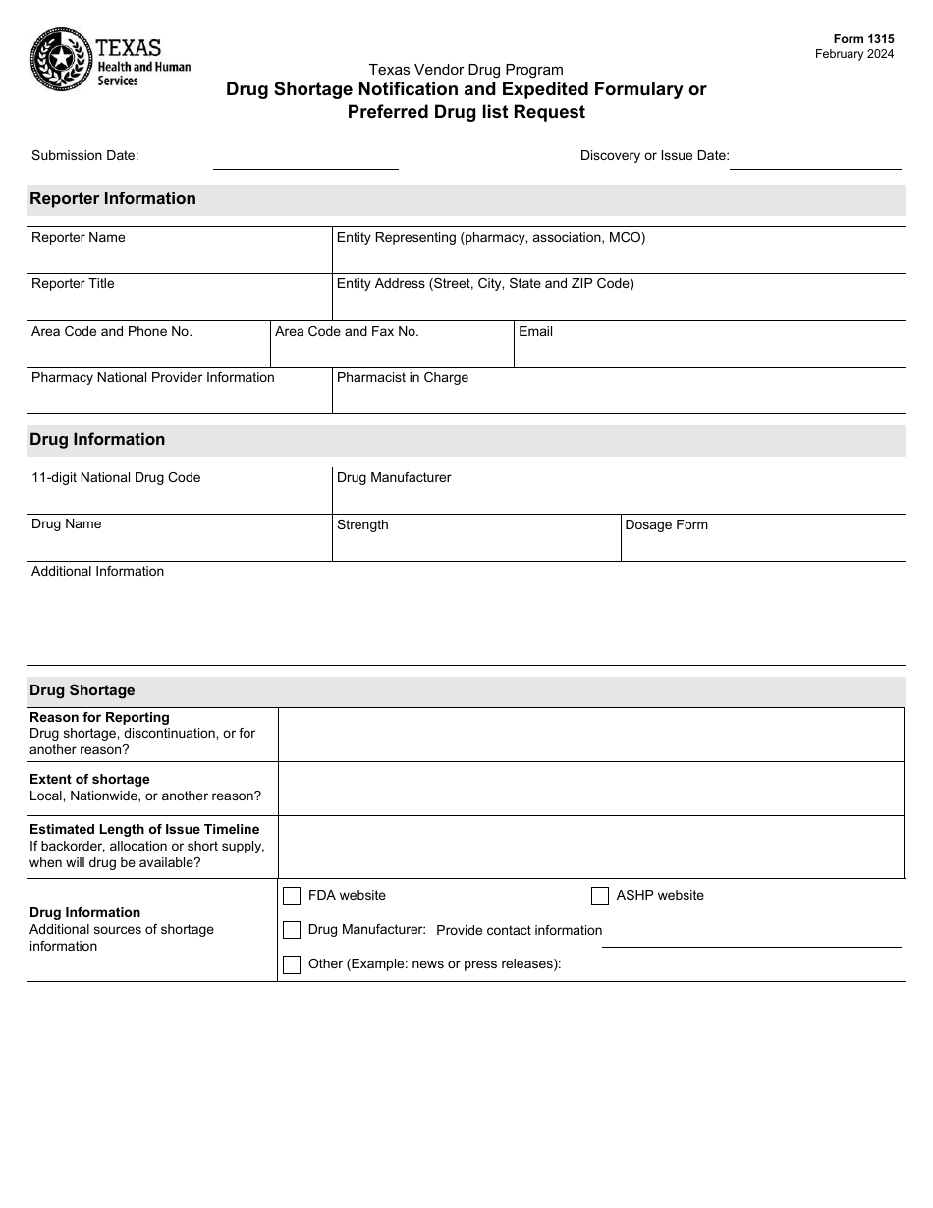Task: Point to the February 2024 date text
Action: click(854, 54)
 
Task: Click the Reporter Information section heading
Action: click(113, 199)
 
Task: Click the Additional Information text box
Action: click(466, 619)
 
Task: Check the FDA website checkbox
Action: click(292, 896)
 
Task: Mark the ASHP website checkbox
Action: click(600, 896)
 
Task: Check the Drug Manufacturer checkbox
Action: click(292, 930)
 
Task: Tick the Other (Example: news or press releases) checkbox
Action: click(292, 964)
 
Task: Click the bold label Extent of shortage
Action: click(89, 780)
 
